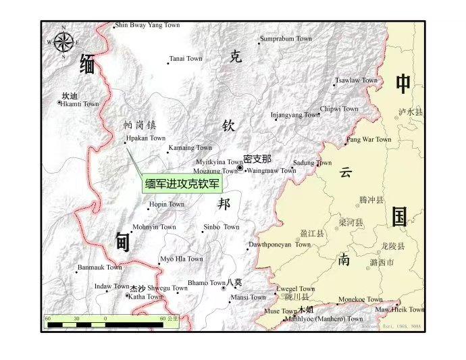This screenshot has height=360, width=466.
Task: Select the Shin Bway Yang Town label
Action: (x=148, y=25)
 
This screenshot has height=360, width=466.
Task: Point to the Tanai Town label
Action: (x=186, y=59)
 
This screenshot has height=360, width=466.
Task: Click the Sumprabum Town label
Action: (x=286, y=39)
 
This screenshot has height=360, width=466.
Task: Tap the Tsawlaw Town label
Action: (x=357, y=80)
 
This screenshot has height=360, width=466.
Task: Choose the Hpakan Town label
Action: (x=145, y=138)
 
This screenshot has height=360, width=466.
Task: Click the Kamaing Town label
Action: (x=190, y=148)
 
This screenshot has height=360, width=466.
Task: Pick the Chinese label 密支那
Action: (x=257, y=159)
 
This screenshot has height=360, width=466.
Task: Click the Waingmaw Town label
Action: (x=271, y=171)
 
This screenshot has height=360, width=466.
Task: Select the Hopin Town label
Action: (x=167, y=204)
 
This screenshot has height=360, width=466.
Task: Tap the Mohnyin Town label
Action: (x=154, y=227)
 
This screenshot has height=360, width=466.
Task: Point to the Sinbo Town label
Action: (x=222, y=227)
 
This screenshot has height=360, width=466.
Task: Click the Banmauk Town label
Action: (x=100, y=268)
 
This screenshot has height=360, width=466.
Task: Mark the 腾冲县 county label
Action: (x=371, y=200)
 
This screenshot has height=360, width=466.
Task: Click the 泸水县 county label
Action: (x=410, y=111)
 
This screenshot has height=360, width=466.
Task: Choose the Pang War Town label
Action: (x=369, y=140)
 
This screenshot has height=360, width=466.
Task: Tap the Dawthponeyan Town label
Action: (x=280, y=245)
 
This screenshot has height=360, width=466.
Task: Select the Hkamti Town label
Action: (x=80, y=104)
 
